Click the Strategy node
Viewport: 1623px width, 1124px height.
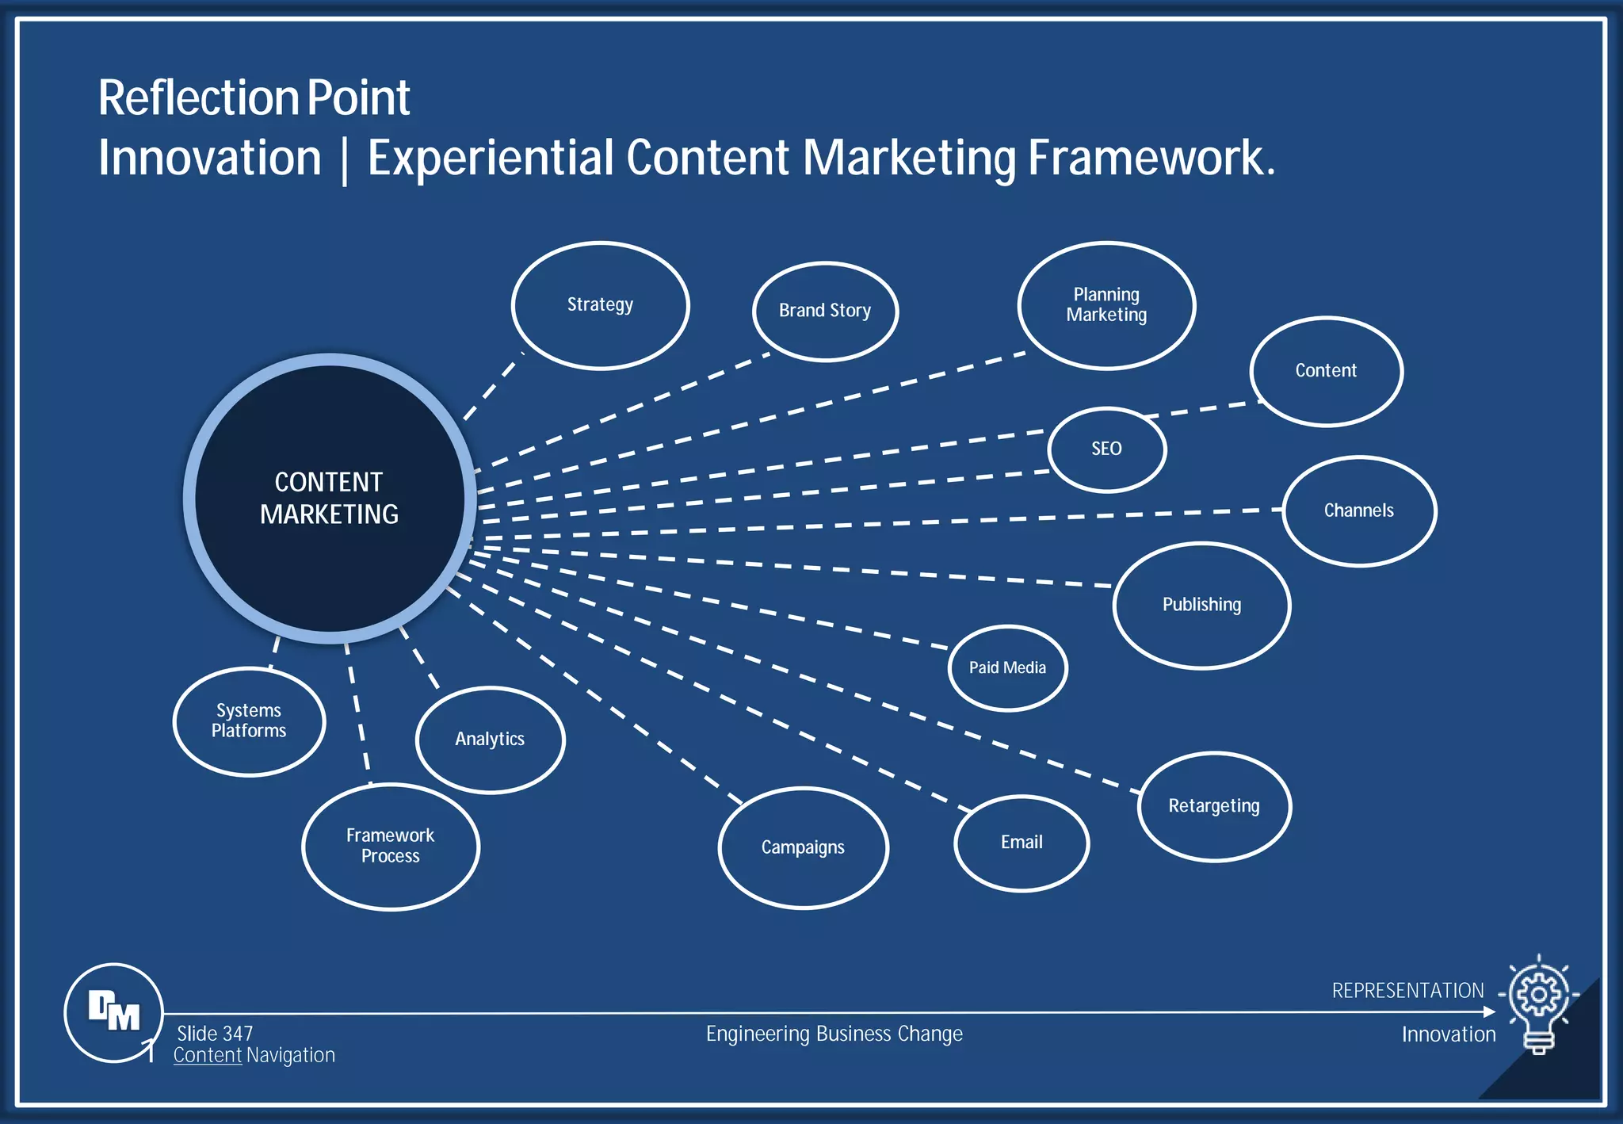click(x=600, y=305)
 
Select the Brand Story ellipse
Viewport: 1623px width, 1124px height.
click(x=825, y=312)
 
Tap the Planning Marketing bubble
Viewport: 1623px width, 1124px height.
click(x=1106, y=305)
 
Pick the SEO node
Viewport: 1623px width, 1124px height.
click(x=1106, y=449)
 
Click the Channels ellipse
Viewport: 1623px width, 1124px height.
click(x=1359, y=511)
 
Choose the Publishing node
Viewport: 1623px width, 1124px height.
click(x=1201, y=606)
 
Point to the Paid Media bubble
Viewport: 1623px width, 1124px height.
click(x=1007, y=668)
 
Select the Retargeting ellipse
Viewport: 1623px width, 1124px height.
click(x=1214, y=806)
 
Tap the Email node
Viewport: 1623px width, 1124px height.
click(x=1022, y=843)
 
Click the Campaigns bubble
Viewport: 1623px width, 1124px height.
click(x=803, y=847)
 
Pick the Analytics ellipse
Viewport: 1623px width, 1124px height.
click(x=490, y=740)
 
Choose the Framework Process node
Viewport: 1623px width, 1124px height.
click(x=391, y=846)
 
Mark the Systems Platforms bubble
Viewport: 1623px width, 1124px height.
click(x=249, y=721)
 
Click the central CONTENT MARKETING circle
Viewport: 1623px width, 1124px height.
click(x=330, y=499)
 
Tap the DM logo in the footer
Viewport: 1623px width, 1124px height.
click(x=114, y=1012)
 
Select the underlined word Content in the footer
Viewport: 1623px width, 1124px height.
click(x=208, y=1056)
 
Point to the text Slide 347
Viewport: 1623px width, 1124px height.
click(x=215, y=1034)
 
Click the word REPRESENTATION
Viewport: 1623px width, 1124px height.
click(x=1407, y=991)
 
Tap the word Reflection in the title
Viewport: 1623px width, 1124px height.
click(x=197, y=98)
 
